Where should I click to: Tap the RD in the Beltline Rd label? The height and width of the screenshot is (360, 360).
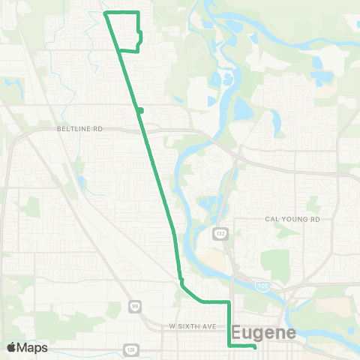click(97, 128)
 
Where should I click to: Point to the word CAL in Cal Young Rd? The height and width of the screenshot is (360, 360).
click(272, 219)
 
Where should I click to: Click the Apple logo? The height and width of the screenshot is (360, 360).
click(11, 347)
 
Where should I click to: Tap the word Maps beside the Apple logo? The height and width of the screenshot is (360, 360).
click(32, 347)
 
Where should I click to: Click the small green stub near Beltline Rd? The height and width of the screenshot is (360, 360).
click(140, 111)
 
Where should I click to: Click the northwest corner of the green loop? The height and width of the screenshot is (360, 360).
click(103, 13)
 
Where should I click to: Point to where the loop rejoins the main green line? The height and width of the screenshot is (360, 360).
click(119, 50)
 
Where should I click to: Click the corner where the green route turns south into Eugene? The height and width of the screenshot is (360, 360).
click(228, 301)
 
